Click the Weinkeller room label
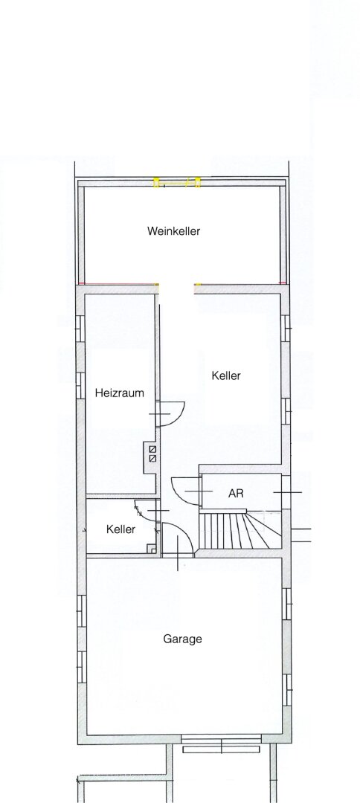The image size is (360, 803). (x=173, y=231)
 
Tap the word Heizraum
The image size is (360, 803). (x=119, y=393)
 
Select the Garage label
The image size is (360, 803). (x=182, y=639)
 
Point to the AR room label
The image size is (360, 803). (x=236, y=494)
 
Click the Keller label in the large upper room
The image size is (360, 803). (x=226, y=376)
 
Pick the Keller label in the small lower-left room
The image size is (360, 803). (x=120, y=529)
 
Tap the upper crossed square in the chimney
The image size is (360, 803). (x=152, y=450)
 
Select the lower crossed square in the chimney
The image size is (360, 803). (x=152, y=458)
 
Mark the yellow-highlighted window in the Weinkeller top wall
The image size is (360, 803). (x=177, y=182)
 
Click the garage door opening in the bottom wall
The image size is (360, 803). (x=221, y=744)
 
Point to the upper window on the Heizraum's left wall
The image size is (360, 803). (x=80, y=329)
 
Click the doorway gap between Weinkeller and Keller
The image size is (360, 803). (x=177, y=288)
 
